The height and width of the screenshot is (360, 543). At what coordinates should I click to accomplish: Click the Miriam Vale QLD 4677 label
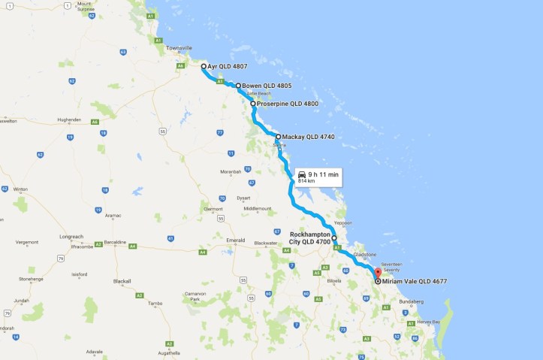click(x=414, y=281)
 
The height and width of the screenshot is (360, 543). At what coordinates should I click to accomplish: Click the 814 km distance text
click(x=306, y=181)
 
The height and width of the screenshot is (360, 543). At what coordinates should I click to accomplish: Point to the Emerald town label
click(x=236, y=241)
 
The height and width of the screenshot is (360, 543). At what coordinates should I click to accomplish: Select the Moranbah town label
click(x=231, y=171)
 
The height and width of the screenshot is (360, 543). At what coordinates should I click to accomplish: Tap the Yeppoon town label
click(x=342, y=222)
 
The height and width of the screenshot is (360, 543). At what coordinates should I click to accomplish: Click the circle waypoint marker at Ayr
click(x=204, y=67)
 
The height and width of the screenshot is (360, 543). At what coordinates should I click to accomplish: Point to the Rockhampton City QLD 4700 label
click(x=310, y=237)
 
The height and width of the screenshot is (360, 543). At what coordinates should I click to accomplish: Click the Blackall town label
click(x=122, y=281)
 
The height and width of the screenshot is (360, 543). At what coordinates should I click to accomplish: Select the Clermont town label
click(x=213, y=208)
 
